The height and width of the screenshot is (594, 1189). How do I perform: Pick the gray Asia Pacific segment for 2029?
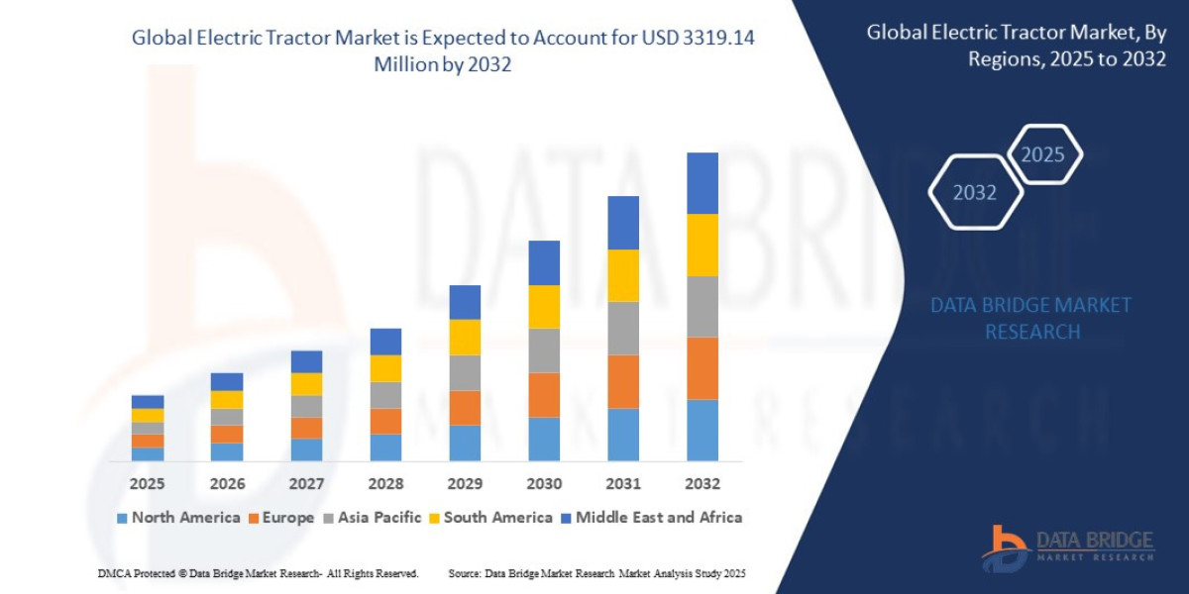[464, 372]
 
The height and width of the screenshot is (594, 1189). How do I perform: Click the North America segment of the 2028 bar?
[385, 447]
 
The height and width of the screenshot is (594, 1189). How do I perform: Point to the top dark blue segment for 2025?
[148, 402]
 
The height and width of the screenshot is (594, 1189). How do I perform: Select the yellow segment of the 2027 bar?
[306, 384]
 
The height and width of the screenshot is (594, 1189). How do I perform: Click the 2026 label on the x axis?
[227, 484]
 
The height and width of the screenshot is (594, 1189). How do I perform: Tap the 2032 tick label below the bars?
[702, 484]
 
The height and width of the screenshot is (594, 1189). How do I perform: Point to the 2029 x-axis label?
[464, 484]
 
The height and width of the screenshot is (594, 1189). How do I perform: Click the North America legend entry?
[178, 517]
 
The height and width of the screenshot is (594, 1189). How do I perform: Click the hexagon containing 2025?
[1042, 154]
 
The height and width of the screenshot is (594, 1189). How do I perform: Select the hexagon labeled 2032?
[975, 192]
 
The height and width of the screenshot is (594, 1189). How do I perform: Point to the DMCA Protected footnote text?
[258, 573]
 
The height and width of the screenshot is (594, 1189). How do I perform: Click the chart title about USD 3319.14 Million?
[450, 49]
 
